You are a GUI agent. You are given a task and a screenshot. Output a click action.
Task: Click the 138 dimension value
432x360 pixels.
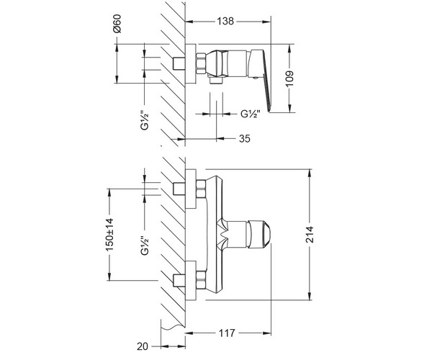point(225,21)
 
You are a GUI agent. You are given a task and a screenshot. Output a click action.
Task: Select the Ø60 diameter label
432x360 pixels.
point(117,24)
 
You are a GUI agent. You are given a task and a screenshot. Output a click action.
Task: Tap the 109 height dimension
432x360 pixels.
point(289,78)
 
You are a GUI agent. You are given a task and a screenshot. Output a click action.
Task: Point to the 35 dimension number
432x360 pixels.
point(244,138)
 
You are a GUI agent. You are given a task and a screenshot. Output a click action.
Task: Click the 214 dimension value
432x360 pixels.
point(310,235)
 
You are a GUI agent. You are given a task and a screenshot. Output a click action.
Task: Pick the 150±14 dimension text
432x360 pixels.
point(109,235)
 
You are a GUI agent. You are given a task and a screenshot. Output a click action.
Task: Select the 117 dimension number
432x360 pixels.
point(227,333)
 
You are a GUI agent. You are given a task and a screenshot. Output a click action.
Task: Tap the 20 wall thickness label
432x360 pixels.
point(143,346)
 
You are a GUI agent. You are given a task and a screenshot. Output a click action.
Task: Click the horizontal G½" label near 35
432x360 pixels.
point(251,114)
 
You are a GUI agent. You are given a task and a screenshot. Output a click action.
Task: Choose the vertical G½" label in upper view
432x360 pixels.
point(145,120)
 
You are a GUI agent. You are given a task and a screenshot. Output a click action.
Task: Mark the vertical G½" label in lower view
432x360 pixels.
point(145,245)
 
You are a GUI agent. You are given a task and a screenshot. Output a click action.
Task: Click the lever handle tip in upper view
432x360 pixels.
point(269,109)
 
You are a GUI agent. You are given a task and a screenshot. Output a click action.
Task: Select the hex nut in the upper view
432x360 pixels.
point(202,63)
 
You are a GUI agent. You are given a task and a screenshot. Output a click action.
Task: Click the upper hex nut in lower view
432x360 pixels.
point(201,189)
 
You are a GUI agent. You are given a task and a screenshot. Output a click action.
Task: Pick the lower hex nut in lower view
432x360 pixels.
point(201,281)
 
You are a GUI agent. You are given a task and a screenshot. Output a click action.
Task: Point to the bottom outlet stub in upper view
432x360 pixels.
point(216,81)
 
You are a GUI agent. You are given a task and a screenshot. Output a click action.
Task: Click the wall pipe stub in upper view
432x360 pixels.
point(179,63)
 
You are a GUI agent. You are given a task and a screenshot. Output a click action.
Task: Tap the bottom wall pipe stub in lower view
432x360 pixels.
point(179,281)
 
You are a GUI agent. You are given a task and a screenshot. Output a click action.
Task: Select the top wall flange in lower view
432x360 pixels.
point(191,189)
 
